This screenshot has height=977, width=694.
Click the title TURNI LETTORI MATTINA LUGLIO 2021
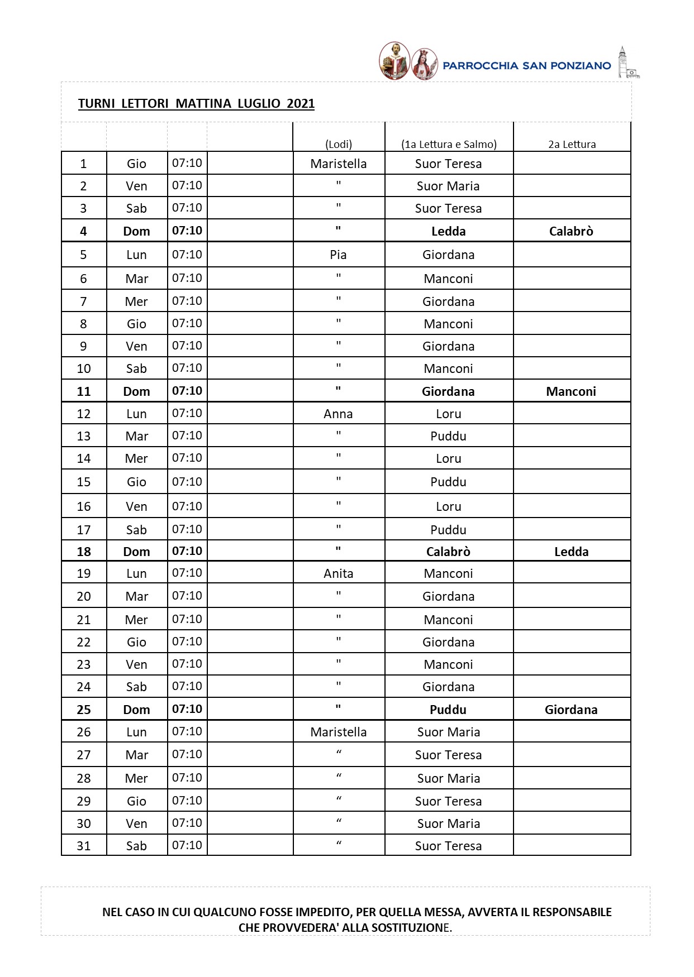(196, 103)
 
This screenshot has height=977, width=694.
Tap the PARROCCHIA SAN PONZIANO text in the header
(526, 66)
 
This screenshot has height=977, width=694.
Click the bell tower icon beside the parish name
(626, 63)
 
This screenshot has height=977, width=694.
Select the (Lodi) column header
(339, 144)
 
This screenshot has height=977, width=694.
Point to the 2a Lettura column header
(572, 144)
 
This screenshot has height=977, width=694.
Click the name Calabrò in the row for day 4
(571, 231)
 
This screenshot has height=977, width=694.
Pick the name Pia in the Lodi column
(338, 255)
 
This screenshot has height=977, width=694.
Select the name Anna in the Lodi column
(338, 414)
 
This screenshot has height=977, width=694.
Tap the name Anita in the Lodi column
(338, 573)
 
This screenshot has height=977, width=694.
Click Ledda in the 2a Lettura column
(571, 552)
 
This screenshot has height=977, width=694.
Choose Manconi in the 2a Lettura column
(571, 391)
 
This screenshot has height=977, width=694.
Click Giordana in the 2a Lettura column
(571, 710)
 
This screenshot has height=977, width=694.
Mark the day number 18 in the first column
(84, 552)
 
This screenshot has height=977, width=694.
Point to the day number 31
(84, 846)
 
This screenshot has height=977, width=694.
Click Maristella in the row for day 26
(339, 732)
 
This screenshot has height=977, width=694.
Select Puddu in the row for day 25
(448, 710)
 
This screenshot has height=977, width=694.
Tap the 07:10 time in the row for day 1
(187, 163)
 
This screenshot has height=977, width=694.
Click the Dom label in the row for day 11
(136, 391)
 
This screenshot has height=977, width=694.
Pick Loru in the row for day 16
(449, 506)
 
